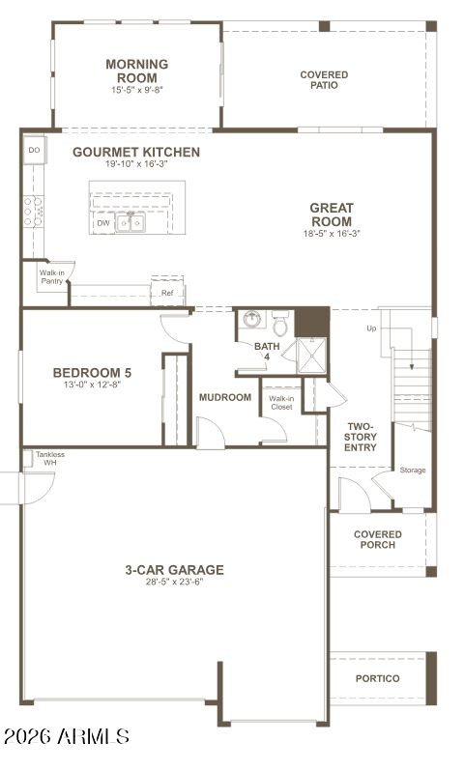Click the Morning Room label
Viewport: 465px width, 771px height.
pyautogui.click(x=137, y=71)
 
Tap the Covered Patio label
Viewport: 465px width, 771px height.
pyautogui.click(x=324, y=79)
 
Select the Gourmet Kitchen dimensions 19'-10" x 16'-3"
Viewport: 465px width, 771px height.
pyautogui.click(x=136, y=164)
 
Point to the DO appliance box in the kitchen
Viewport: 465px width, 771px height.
pyautogui.click(x=35, y=150)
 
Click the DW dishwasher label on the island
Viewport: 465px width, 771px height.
pyautogui.click(x=103, y=223)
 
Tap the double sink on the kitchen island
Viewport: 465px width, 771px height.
pyautogui.click(x=131, y=223)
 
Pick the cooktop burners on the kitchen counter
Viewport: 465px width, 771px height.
pyautogui.click(x=34, y=212)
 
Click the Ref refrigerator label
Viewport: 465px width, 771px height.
pyautogui.click(x=167, y=293)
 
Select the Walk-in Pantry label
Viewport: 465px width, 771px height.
pyautogui.click(x=51, y=277)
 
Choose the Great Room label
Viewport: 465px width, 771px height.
pyautogui.click(x=332, y=214)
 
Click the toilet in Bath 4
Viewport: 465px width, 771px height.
pyautogui.click(x=280, y=323)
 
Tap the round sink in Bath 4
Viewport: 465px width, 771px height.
pyautogui.click(x=253, y=319)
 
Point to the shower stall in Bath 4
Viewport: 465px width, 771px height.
pyautogui.click(x=311, y=356)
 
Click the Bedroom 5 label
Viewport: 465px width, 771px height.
pyautogui.click(x=92, y=373)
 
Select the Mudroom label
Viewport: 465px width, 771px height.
pyautogui.click(x=225, y=397)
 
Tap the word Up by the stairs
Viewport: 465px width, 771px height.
pyautogui.click(x=371, y=328)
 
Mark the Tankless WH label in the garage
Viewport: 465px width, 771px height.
pyautogui.click(x=50, y=458)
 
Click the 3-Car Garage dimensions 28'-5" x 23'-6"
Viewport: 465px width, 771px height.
pyautogui.click(x=174, y=583)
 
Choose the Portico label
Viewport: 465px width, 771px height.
pyautogui.click(x=377, y=678)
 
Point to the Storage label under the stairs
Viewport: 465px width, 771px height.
pyautogui.click(x=413, y=471)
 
